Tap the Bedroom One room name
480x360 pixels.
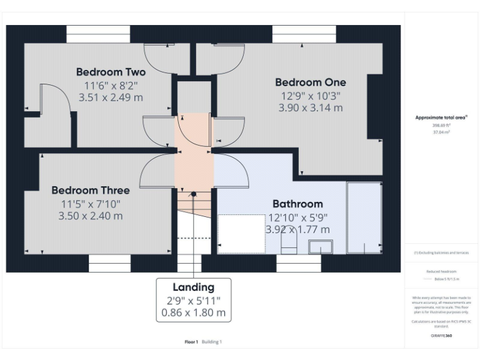pyautogui.click(x=310, y=82)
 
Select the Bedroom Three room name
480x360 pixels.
pyautogui.click(x=91, y=190)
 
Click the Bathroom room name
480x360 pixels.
pyautogui.click(x=297, y=204)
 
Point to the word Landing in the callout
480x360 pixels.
pyautogui.click(x=193, y=287)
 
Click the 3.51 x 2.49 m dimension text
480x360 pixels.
pyautogui.click(x=111, y=97)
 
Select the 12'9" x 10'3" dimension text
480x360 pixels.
pyautogui.click(x=310, y=96)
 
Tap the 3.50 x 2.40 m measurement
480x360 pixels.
pyautogui.click(x=91, y=216)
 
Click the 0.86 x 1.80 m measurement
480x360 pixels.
pyautogui.click(x=193, y=312)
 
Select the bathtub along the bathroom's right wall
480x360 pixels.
pyautogui.click(x=364, y=217)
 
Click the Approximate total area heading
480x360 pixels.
pyautogui.click(x=441, y=117)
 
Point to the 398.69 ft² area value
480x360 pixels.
pyautogui.click(x=441, y=125)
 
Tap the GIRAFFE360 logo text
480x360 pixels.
pyautogui.click(x=441, y=336)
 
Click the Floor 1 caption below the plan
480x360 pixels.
pyautogui.click(x=191, y=342)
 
